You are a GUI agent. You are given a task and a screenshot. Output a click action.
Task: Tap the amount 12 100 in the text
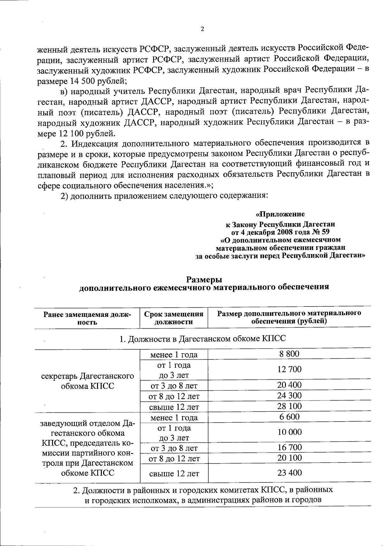tap(70, 132)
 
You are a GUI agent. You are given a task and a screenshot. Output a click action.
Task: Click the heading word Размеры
tap(204, 279)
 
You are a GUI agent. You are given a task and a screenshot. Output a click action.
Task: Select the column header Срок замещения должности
tap(174, 318)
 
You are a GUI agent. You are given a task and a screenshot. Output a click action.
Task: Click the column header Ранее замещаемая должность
tap(87, 318)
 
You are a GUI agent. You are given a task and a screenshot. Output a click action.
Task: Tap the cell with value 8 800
tap(289, 354)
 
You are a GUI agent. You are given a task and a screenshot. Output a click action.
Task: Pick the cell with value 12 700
tap(289, 369)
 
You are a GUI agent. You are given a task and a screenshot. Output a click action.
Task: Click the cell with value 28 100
tap(289, 406)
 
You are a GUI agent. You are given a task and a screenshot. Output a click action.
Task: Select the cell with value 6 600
tap(289, 417)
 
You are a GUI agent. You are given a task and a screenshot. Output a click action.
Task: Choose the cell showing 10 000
tap(289, 432)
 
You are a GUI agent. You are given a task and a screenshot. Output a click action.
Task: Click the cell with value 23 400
tap(289, 473)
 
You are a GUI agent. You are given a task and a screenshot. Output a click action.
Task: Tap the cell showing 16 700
tap(289, 447)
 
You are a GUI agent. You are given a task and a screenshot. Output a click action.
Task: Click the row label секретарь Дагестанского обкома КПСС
tap(87, 381)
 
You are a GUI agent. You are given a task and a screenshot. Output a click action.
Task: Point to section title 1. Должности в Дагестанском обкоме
tap(203, 339)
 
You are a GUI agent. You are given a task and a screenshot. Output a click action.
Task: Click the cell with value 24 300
tap(289, 396)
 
